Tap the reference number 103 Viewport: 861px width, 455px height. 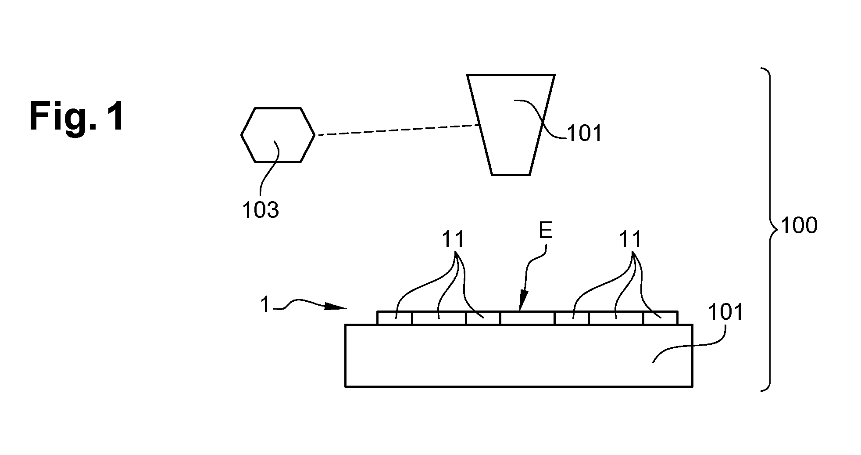point(261,210)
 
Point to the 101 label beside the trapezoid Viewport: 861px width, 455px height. point(585,133)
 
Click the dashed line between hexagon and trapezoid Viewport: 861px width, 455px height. point(397,130)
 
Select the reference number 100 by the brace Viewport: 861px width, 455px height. point(800,226)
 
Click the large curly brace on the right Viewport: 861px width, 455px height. point(771,228)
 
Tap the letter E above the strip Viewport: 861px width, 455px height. point(546,231)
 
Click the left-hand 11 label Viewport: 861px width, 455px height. point(453,240)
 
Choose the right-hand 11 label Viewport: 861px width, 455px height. point(630,240)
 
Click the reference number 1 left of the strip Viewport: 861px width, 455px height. point(265,305)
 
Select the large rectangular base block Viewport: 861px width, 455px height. point(519,356)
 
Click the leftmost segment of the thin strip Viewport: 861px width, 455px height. point(395,318)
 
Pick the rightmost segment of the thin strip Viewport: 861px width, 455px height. point(661,318)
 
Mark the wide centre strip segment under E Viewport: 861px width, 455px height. point(527,318)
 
